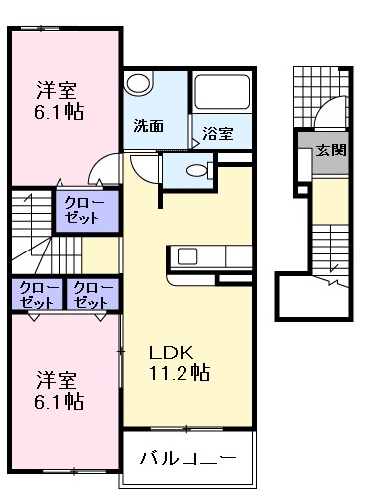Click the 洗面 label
148,126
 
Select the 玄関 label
330,151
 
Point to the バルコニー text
187,459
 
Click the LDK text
168,352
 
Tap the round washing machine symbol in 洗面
139,84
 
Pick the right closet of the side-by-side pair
91,292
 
